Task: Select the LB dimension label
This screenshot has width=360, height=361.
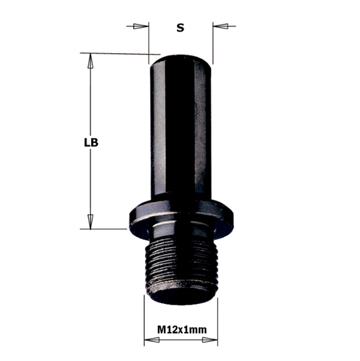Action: [x=91, y=141]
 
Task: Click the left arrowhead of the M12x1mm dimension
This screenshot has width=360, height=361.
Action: [x=151, y=341]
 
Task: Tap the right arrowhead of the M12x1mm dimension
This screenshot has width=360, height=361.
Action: [x=210, y=341]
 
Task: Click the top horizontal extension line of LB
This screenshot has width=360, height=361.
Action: [x=118, y=53]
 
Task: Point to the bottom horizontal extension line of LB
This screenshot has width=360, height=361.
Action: [x=105, y=229]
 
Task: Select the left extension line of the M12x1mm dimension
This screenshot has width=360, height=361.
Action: [x=144, y=322]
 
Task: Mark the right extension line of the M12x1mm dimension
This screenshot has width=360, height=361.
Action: [x=217, y=322]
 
